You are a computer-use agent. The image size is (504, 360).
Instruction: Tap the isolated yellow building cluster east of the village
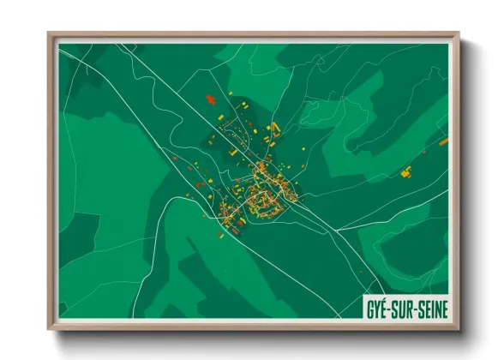click(406, 171)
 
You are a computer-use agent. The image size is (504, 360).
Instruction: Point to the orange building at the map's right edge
click(444, 141)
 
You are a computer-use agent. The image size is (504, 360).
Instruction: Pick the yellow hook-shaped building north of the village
click(275, 129)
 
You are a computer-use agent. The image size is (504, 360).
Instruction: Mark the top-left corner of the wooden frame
click(49, 34)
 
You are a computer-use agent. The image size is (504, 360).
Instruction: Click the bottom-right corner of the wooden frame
click(459, 328)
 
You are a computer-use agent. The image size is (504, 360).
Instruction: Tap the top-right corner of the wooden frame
click(459, 34)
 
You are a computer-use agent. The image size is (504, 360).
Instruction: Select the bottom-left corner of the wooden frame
click(49, 328)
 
